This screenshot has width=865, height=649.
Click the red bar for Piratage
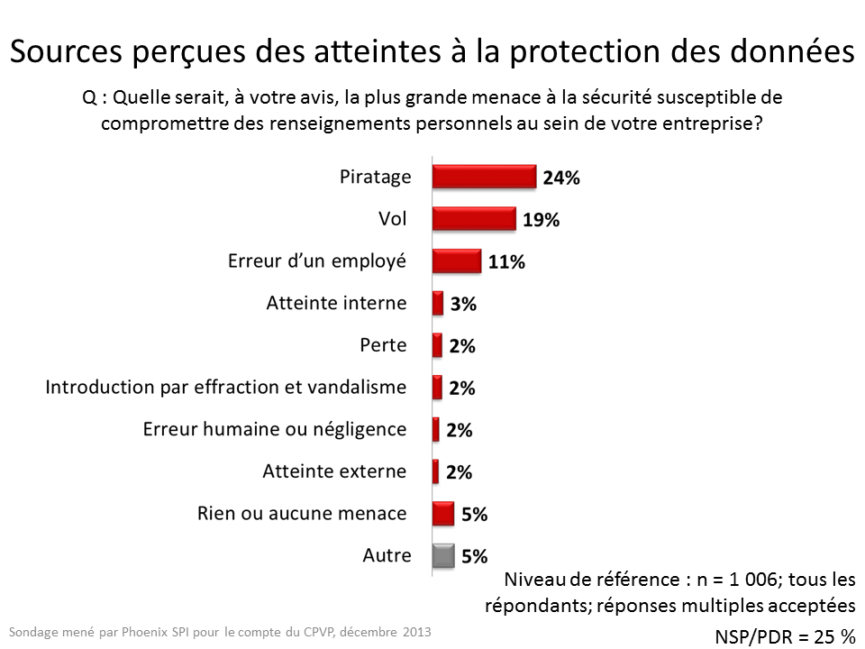[x=484, y=177]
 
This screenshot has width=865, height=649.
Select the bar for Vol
[x=474, y=219]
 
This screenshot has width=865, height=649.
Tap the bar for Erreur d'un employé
[x=456, y=261]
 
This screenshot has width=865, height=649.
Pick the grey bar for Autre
[x=442, y=556]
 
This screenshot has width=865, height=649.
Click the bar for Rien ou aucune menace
[x=442, y=514]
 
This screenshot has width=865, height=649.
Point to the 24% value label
[x=560, y=178]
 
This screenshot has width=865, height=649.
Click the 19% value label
[x=541, y=220]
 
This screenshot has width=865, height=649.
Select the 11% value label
[x=506, y=262]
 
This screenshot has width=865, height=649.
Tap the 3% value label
[x=463, y=305]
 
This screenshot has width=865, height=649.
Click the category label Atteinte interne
[x=336, y=303]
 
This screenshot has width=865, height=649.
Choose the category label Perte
[x=383, y=345]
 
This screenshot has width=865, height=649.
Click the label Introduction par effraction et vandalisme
[x=226, y=388]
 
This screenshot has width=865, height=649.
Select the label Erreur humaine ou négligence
[x=275, y=429]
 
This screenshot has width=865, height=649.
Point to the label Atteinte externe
[x=334, y=471]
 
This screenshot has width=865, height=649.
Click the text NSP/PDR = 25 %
[x=785, y=636]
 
